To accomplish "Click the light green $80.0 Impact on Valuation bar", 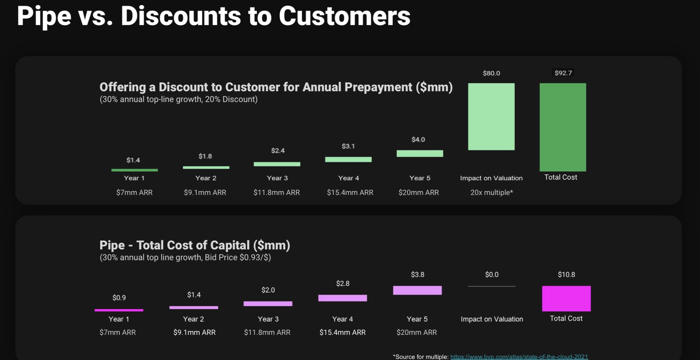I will click(x=491, y=116).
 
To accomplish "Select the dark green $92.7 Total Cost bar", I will click(x=563, y=127).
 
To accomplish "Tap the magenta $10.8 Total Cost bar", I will click(x=566, y=299).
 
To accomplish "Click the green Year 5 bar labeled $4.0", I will click(x=420, y=154).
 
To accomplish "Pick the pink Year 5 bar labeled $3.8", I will click(x=417, y=290).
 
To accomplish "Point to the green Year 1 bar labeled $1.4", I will click(x=134, y=170).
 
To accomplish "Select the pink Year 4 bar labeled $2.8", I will click(x=342, y=298).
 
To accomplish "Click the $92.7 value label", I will click(x=563, y=73).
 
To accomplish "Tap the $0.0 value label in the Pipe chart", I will click(x=492, y=275).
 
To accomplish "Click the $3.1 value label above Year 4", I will click(x=348, y=146).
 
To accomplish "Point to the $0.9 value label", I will click(x=119, y=298).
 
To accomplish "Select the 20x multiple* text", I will click(x=492, y=193).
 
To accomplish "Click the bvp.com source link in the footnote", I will click(x=519, y=357).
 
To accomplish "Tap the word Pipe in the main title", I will click(x=44, y=16).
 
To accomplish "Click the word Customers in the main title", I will click(x=344, y=16).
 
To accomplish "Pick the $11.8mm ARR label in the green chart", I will click(x=277, y=193).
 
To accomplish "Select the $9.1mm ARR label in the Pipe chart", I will click(x=194, y=332).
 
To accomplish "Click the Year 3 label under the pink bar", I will click(x=268, y=319).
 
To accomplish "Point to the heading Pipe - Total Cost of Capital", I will click(x=194, y=245).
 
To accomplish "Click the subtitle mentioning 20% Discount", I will click(x=178, y=99).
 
